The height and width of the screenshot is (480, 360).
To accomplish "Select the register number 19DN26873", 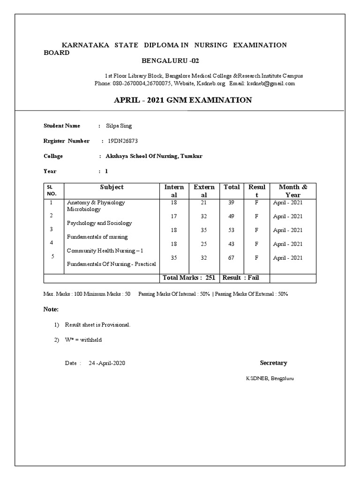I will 123,141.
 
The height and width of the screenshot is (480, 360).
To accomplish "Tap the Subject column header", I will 112,187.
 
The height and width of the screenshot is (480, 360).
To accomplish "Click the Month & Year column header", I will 293,191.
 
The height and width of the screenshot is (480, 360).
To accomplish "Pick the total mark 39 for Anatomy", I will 232,202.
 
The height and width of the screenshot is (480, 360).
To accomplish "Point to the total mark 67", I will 232,258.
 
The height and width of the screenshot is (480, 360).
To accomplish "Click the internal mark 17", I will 174,217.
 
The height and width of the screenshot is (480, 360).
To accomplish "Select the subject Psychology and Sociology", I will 99,223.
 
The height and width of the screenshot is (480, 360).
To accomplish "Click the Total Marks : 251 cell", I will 189,278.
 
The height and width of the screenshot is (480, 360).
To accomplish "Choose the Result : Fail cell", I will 240,278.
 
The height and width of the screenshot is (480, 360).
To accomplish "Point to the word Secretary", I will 274,363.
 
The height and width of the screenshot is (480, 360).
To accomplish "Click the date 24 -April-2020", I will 107,363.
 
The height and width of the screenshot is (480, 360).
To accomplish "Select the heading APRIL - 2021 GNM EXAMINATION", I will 183,100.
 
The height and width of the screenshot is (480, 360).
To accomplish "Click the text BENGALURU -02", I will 167,61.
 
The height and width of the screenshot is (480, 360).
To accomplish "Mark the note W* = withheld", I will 83,340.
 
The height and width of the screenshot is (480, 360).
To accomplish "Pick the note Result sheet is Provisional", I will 97,325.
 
